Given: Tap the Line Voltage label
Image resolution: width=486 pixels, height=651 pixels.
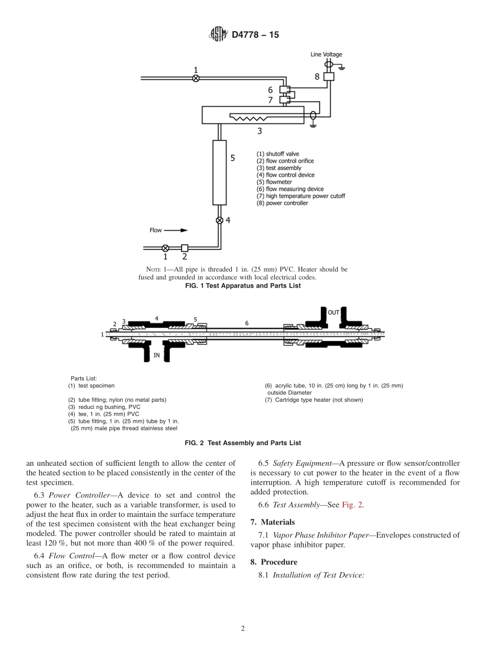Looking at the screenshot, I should click(x=326, y=54).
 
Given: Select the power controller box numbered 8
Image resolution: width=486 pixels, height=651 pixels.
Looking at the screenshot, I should click(x=328, y=76).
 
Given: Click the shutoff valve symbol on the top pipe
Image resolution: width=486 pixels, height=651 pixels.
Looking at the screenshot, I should click(x=195, y=78).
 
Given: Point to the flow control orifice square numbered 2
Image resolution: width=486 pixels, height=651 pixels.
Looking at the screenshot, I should click(x=185, y=248).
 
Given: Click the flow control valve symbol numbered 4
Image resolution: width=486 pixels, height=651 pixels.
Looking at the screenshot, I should click(x=219, y=220).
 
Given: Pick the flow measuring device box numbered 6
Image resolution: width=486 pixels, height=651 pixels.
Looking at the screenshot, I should click(x=284, y=90).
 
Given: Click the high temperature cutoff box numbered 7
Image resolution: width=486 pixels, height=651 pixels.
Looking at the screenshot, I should click(x=284, y=99).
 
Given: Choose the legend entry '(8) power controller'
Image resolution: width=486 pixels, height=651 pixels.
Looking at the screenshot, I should click(x=282, y=203).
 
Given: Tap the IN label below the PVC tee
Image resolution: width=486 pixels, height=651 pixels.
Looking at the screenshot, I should click(x=157, y=354).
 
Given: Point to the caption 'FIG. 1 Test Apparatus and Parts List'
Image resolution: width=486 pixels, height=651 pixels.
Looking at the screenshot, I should click(x=242, y=286).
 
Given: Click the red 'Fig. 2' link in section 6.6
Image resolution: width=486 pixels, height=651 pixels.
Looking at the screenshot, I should click(x=352, y=505).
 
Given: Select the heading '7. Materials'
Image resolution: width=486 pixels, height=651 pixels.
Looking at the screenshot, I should click(x=272, y=522).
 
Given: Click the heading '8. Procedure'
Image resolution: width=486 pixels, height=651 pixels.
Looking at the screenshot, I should click(x=274, y=562).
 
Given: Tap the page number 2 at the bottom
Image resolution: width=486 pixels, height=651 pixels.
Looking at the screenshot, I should click(x=243, y=628).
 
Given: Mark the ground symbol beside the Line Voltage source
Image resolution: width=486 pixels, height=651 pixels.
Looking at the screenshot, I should click(x=341, y=67).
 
